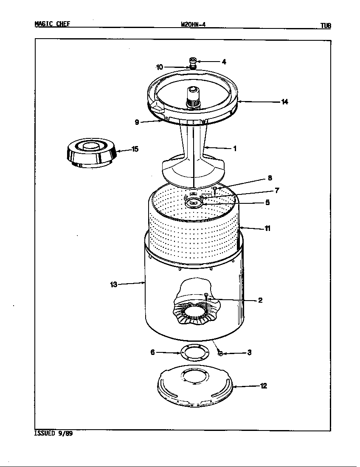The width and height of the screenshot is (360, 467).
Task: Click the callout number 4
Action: [x=224, y=62]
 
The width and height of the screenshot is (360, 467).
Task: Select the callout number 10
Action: [x=160, y=67]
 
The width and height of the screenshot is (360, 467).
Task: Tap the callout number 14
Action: [x=284, y=101]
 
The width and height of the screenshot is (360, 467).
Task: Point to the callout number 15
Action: [x=135, y=149]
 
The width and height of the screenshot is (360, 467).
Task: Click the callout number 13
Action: [x=114, y=284]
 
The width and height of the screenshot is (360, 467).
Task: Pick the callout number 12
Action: [x=263, y=386]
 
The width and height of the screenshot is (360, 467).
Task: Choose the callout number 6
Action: [x=152, y=352]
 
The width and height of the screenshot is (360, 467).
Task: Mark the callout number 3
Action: [x=250, y=352]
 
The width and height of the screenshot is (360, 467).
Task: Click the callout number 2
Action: [x=260, y=300]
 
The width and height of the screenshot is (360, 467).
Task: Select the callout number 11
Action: [x=267, y=228]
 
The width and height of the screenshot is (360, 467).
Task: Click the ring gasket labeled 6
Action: [x=195, y=353]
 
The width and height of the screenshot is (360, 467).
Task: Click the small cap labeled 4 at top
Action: [x=192, y=60]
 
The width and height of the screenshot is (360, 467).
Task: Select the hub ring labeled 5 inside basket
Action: [x=194, y=203]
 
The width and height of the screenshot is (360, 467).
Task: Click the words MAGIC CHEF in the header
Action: [x=52, y=24]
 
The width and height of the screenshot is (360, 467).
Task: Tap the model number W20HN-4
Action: [x=193, y=25]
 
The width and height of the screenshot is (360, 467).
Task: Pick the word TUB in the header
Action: [x=325, y=25]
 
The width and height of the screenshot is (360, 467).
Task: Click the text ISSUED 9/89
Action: [x=53, y=434]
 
